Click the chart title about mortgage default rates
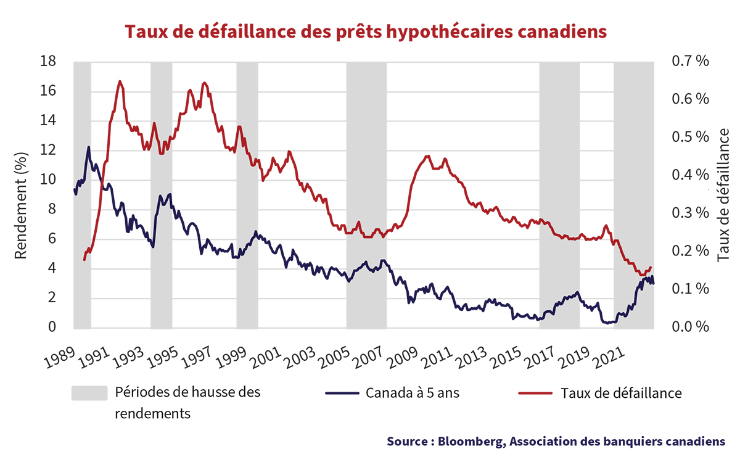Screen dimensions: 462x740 tap(366, 31)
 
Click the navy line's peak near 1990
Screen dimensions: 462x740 tap(88, 147)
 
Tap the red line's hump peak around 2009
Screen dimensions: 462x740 tap(427, 155)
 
